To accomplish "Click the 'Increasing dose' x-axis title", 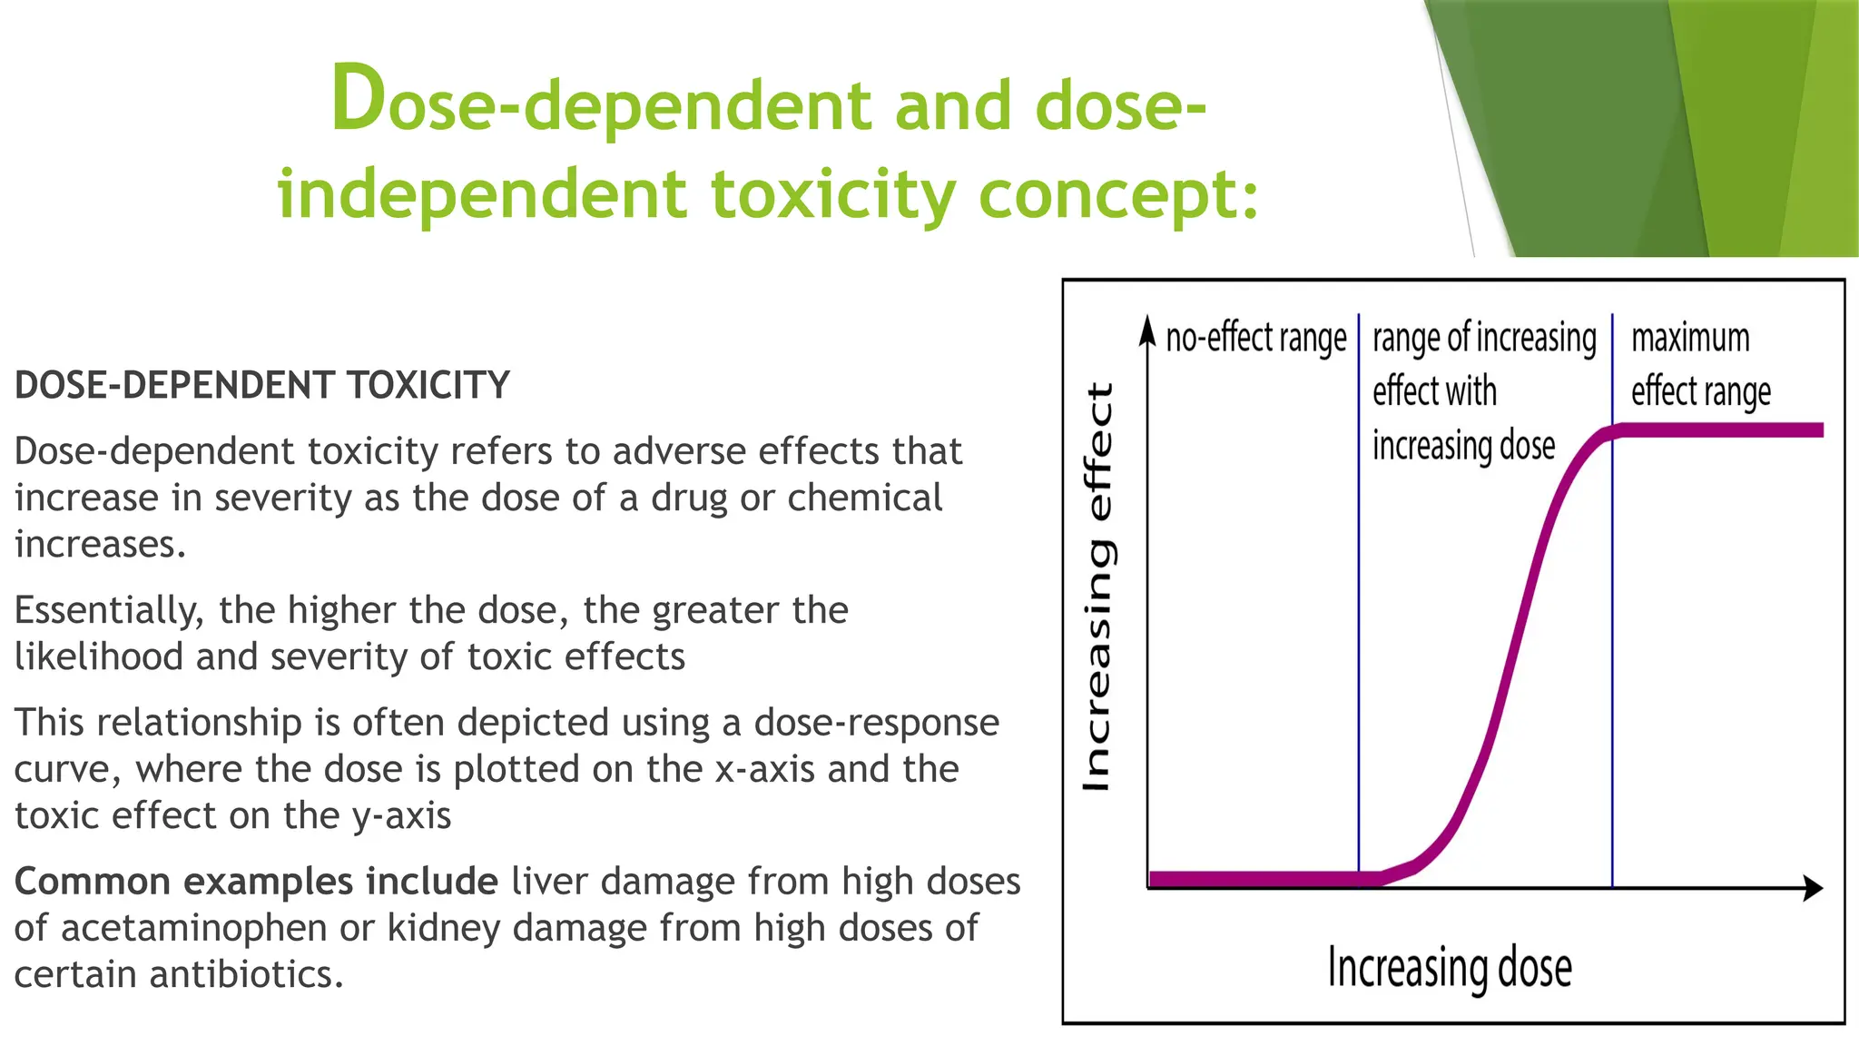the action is (x=1449, y=968).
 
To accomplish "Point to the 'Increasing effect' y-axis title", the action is (x=1098, y=587).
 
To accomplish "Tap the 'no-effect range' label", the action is (x=1255, y=338).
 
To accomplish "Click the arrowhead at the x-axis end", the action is (x=1813, y=887).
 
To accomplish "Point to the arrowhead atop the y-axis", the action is (x=1148, y=331).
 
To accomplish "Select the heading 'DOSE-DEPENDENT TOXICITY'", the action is (x=262, y=385).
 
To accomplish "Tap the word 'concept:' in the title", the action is (x=1119, y=194).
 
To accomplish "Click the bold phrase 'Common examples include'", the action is (x=256, y=882).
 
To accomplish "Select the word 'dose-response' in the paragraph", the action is (x=876, y=723).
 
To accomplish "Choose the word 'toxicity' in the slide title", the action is (x=833, y=194).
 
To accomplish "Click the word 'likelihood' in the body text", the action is (x=99, y=656).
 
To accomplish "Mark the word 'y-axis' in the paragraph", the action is (x=401, y=815).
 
